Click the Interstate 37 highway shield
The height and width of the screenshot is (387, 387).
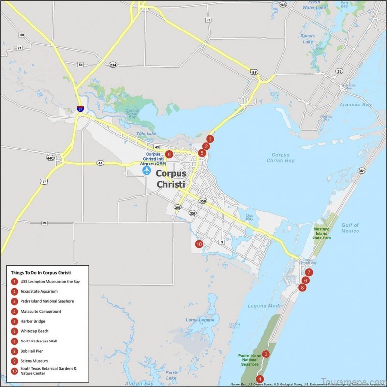(80, 110)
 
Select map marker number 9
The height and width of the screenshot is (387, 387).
(169, 154)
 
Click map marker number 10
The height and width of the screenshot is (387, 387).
(199, 244)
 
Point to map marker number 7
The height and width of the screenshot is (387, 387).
(309, 272)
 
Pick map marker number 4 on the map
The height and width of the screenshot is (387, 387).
(260, 379)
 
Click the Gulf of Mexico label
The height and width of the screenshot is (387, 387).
(349, 228)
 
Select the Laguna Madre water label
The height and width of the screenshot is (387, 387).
(261, 305)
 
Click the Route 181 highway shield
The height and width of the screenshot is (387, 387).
(253, 72)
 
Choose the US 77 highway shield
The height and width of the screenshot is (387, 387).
(44, 182)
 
